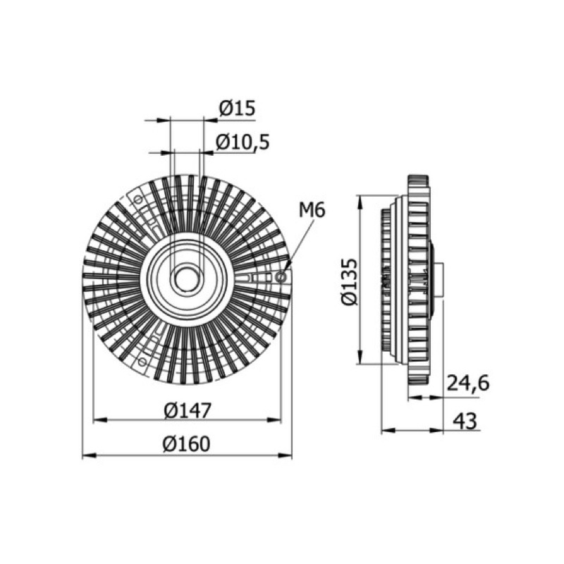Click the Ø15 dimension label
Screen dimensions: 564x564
pos(237,108)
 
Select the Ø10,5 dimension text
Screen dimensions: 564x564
pos(243,142)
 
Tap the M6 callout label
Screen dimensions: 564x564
pos(312,209)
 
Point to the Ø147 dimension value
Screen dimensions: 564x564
pos(187,410)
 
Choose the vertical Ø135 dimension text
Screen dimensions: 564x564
pos(350,281)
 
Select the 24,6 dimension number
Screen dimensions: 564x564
pos(468,384)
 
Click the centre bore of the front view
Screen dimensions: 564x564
pos(187,278)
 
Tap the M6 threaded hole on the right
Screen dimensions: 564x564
pos(281,277)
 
